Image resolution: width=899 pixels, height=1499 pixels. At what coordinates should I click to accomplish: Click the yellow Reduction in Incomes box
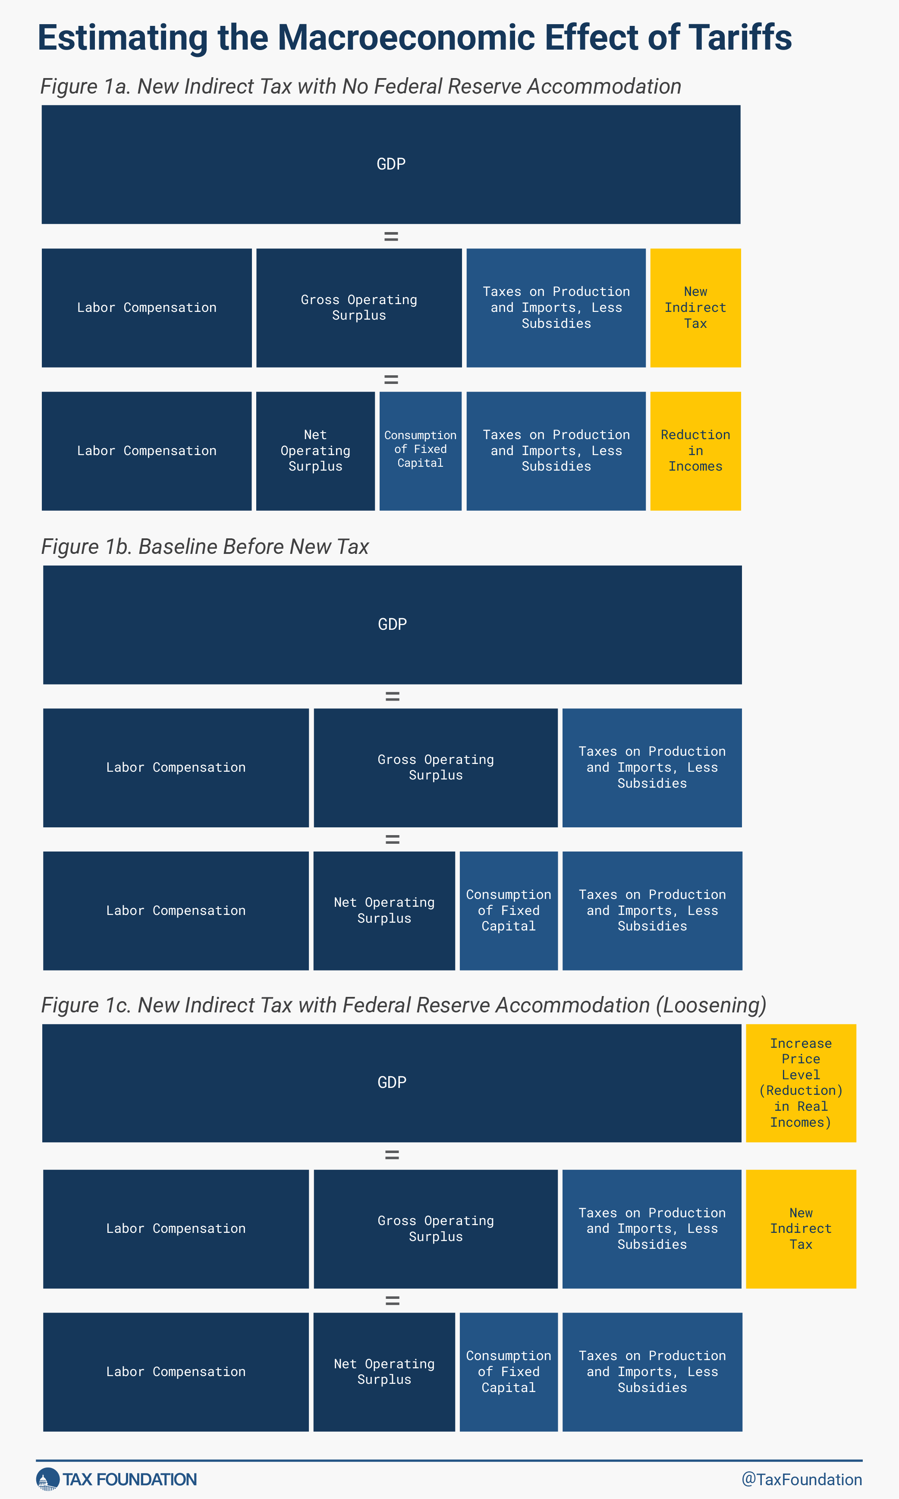[695, 451]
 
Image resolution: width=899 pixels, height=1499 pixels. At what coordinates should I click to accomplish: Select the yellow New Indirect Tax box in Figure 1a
[695, 308]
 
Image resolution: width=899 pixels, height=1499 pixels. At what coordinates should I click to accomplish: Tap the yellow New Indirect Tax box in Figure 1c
[801, 1229]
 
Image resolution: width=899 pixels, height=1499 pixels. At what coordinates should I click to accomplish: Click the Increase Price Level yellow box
[801, 1083]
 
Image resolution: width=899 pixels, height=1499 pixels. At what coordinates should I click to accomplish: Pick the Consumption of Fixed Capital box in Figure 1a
[421, 451]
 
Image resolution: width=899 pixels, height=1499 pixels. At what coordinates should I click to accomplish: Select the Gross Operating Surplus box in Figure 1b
[436, 768]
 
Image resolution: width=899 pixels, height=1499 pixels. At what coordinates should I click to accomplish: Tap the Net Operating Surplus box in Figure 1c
[384, 1372]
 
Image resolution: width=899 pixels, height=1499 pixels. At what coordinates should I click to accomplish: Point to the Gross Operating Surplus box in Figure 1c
[436, 1229]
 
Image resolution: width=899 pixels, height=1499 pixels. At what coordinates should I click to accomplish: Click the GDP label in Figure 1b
[393, 625]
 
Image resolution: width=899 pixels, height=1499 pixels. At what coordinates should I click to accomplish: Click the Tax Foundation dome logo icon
[48, 1479]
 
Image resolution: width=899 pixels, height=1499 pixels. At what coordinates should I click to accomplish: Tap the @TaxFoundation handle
[802, 1480]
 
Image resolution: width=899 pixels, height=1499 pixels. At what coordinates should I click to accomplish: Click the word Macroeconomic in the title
[407, 38]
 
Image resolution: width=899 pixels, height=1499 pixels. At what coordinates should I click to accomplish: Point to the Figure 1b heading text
[205, 547]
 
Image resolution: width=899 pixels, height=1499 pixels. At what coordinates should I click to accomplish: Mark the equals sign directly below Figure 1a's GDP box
[391, 236]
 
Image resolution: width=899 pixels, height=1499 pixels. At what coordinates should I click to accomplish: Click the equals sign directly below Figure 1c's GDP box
[392, 1156]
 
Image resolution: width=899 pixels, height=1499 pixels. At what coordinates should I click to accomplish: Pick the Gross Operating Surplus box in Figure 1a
[359, 308]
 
